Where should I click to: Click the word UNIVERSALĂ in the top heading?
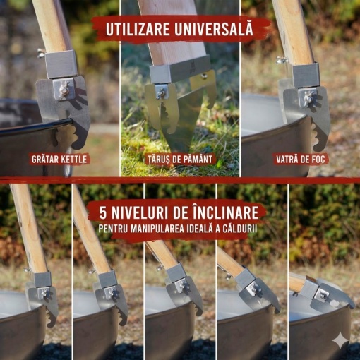click(214, 29)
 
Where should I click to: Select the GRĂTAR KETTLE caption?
click(59, 160)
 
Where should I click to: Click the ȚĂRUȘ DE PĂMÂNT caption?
click(180, 160)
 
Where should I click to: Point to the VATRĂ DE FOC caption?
click(301, 160)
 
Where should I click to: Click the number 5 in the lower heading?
click(103, 213)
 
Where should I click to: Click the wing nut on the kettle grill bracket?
click(64, 90)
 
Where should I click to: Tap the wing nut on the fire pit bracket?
click(308, 98)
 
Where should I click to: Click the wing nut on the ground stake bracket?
click(162, 92)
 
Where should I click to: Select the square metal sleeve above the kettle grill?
click(61, 64)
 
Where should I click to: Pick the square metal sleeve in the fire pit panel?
click(306, 75)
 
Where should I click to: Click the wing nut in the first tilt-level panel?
click(44, 294)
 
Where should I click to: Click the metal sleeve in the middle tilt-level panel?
click(176, 273)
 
